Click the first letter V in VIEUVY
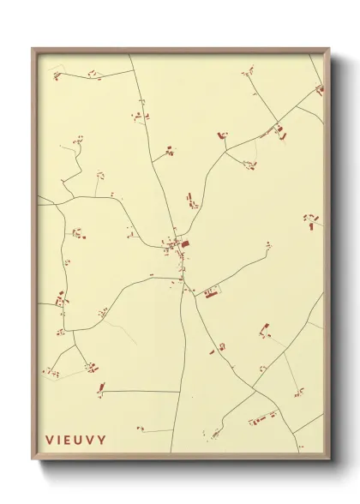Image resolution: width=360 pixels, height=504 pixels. coord(50,441)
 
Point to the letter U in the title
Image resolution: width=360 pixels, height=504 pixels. coord(81,441)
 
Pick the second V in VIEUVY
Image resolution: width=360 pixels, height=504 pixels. coord(93,441)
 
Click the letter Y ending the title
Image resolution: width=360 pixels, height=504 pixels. coord(103,441)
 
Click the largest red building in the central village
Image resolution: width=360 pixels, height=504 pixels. coord(185,244)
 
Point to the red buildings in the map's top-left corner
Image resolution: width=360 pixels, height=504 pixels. coord(57,76)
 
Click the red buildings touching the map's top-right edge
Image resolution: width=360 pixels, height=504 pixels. coord(320,88)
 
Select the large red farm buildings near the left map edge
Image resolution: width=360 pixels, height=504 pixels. coord(60,299)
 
